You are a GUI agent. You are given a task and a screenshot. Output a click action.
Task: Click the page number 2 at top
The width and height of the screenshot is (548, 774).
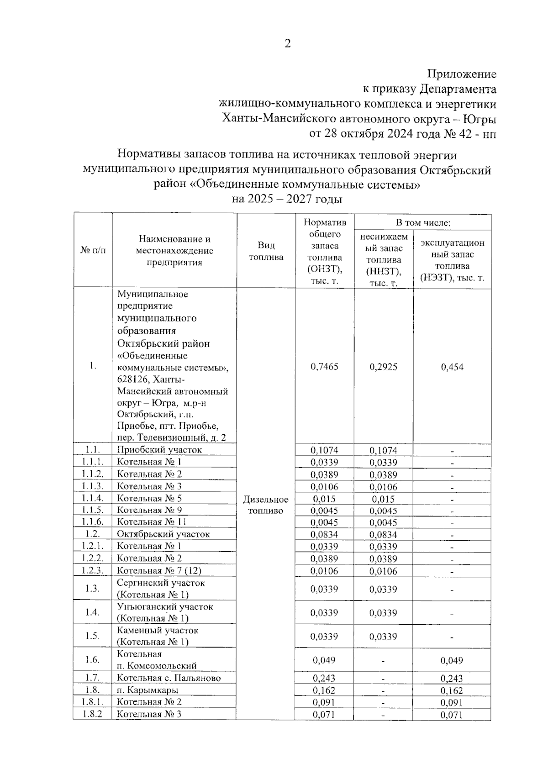(x=287, y=44)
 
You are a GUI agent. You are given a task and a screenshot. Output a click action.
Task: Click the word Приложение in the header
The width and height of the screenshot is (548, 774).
(x=461, y=74)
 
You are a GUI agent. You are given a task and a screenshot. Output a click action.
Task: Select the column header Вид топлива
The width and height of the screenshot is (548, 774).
(x=266, y=251)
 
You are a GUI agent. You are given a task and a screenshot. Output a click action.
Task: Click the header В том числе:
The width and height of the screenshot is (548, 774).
(x=423, y=222)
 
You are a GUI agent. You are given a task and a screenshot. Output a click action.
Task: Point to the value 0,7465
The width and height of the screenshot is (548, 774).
(x=324, y=367)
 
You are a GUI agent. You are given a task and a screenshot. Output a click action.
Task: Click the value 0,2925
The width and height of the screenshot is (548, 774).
(x=383, y=367)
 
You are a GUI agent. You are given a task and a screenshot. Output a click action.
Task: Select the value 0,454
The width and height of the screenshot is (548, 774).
(x=452, y=367)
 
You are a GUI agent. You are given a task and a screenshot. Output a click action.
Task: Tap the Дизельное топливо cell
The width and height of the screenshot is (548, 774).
(x=266, y=505)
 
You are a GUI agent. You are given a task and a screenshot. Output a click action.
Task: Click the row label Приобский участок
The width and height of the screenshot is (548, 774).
(x=159, y=450)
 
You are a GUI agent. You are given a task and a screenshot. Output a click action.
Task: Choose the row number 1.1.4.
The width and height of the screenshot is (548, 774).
(x=93, y=498)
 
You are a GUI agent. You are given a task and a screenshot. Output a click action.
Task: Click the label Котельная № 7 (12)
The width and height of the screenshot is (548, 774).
(x=158, y=570)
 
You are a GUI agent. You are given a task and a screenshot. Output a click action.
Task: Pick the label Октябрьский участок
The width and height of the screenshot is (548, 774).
(x=163, y=534)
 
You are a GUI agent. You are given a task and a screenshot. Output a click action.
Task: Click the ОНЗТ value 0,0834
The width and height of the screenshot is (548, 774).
(x=324, y=534)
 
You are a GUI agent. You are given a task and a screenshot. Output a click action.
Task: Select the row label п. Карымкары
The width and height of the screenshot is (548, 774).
(x=147, y=690)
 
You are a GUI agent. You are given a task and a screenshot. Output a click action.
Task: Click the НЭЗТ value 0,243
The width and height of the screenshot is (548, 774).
(x=452, y=679)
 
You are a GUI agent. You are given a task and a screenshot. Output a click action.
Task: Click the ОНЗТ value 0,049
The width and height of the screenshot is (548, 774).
(x=324, y=660)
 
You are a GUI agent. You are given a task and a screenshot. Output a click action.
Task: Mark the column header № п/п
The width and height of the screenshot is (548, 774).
(x=93, y=250)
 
